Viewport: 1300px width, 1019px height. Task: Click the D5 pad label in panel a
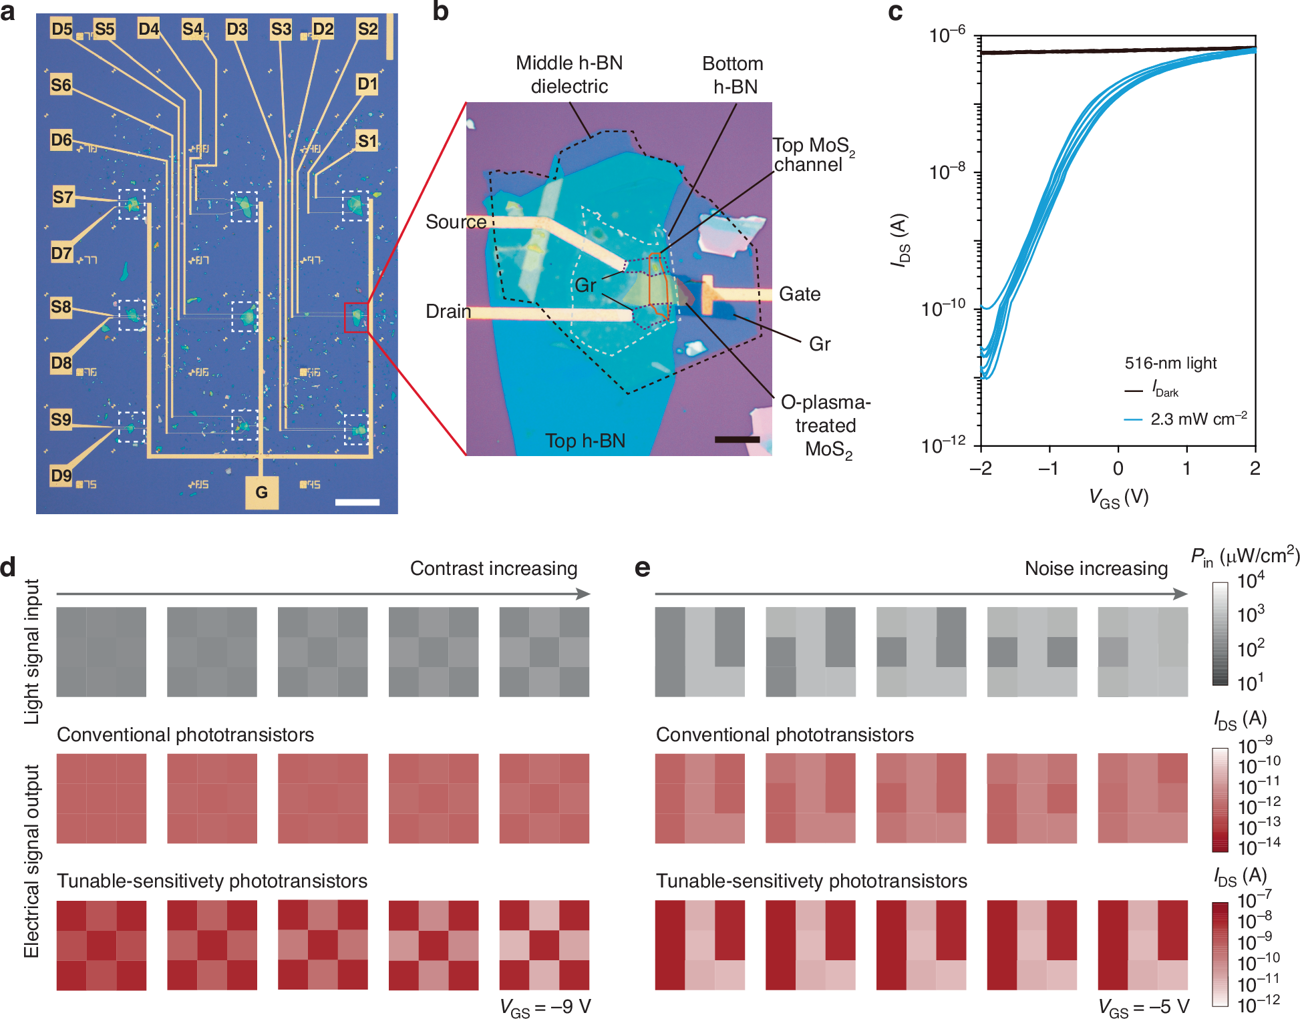(x=61, y=29)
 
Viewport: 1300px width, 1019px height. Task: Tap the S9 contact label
(x=61, y=419)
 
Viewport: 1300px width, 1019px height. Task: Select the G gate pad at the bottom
(x=261, y=493)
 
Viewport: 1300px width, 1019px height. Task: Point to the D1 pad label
(x=367, y=84)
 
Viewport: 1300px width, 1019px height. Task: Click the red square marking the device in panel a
(x=356, y=317)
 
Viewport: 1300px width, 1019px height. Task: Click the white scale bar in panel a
(x=357, y=501)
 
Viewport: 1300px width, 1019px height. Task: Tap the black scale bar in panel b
(x=737, y=439)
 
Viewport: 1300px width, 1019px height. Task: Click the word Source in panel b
(x=456, y=222)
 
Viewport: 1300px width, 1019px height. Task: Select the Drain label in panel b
(x=448, y=311)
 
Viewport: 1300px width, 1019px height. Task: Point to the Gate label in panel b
(x=800, y=294)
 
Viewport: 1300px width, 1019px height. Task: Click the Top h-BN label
(x=585, y=441)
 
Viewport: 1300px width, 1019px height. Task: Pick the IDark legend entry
(x=1165, y=389)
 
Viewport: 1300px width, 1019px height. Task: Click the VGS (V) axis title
(x=1118, y=497)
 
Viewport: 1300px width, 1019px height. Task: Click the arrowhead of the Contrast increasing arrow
(x=584, y=594)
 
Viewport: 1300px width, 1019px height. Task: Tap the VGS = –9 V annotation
(x=545, y=1007)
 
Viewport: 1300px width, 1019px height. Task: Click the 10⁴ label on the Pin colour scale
(x=1251, y=580)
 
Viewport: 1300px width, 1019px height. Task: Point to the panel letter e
(x=642, y=568)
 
